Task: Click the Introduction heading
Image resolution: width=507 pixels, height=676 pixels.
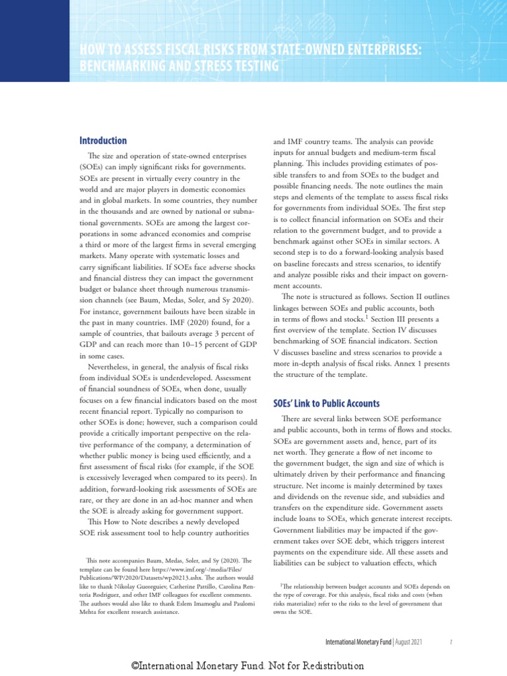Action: click(x=103, y=141)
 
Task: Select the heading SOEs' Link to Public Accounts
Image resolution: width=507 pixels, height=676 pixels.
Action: click(x=326, y=403)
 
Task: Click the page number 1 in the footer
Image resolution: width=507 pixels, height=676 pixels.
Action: click(x=450, y=641)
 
